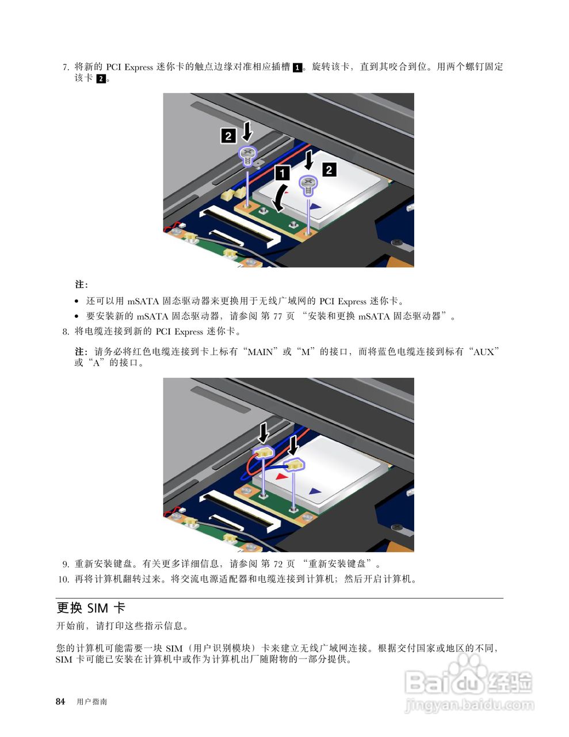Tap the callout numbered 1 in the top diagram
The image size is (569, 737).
(x=282, y=173)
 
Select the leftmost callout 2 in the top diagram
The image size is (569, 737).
(x=228, y=136)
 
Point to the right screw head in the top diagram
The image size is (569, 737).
(x=308, y=183)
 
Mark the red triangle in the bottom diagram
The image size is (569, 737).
(x=281, y=477)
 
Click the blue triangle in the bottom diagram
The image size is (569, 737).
(x=315, y=491)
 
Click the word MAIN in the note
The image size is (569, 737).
(x=260, y=352)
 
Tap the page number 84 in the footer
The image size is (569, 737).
(x=60, y=702)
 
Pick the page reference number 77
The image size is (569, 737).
(x=277, y=317)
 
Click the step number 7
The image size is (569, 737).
(x=66, y=67)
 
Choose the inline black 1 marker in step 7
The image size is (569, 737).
(x=297, y=67)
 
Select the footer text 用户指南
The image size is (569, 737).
(x=91, y=702)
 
